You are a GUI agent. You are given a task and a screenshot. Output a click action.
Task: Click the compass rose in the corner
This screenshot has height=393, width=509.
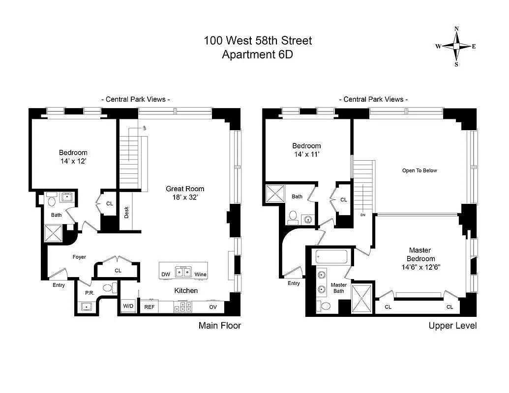pyautogui.click(x=456, y=47)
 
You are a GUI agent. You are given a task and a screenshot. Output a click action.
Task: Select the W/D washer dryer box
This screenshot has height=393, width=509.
pyautogui.click(x=128, y=307)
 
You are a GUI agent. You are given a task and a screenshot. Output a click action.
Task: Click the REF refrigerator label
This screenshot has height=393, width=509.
pyautogui.click(x=149, y=307)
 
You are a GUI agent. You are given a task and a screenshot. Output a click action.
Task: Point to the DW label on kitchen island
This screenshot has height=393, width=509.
pyautogui.click(x=166, y=274)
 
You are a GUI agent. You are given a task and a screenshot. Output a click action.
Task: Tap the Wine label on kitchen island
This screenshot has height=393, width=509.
pyautogui.click(x=200, y=274)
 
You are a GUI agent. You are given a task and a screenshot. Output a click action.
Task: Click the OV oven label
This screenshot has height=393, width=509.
pyautogui.click(x=213, y=307)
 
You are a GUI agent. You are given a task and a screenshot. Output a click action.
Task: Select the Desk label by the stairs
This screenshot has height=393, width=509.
pyautogui.click(x=126, y=212)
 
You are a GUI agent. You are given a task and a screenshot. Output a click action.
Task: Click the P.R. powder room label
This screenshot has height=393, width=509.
pyautogui.click(x=90, y=293)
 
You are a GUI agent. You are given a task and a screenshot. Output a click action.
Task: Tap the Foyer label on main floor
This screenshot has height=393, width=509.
pyautogui.click(x=79, y=257)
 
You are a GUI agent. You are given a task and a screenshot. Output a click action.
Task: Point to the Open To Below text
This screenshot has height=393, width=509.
pyautogui.click(x=419, y=171)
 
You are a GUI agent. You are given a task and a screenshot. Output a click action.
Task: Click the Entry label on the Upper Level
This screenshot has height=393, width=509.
pyautogui.click(x=294, y=283)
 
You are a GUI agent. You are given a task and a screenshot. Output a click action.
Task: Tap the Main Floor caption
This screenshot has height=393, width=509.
pyautogui.click(x=219, y=325)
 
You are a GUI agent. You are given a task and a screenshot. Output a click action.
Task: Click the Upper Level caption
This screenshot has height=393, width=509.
pyautogui.click(x=452, y=325)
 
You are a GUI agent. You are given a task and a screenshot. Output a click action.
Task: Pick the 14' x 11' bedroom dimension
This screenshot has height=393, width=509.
pyautogui.click(x=306, y=154)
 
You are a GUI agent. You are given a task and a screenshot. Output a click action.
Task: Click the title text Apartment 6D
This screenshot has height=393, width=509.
pyautogui.click(x=257, y=55)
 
